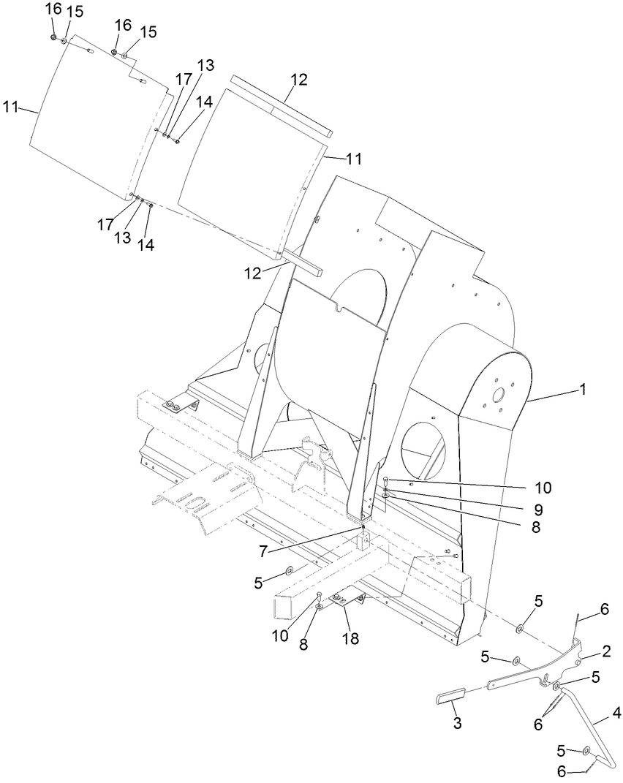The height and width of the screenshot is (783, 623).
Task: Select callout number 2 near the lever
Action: [x=606, y=651]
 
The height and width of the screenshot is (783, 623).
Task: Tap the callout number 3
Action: [x=456, y=723]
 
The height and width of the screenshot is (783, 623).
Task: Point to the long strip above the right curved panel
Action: [x=281, y=106]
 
